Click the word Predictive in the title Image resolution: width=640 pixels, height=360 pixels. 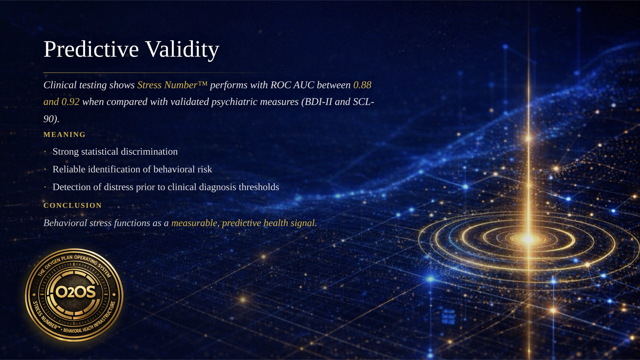(91, 49)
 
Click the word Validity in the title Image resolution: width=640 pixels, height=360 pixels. (182, 50)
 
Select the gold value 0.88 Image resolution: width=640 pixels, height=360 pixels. (362, 85)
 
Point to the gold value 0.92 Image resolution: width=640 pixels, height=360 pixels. (71, 102)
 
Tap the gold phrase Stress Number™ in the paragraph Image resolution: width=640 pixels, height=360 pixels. (172, 85)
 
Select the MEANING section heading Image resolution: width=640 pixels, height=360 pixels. (65, 135)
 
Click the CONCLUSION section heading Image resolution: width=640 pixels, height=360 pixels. (73, 206)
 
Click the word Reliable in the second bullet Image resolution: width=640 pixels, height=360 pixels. (69, 169)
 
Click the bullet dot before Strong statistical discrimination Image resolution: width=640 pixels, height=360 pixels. (45, 152)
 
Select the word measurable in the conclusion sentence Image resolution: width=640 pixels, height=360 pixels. (195, 223)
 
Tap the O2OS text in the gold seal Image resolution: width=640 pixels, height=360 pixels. (75, 292)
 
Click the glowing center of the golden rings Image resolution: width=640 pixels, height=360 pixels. (528, 239)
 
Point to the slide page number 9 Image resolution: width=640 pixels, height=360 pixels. (320, 349)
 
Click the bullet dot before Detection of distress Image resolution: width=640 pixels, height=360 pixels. (45, 187)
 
